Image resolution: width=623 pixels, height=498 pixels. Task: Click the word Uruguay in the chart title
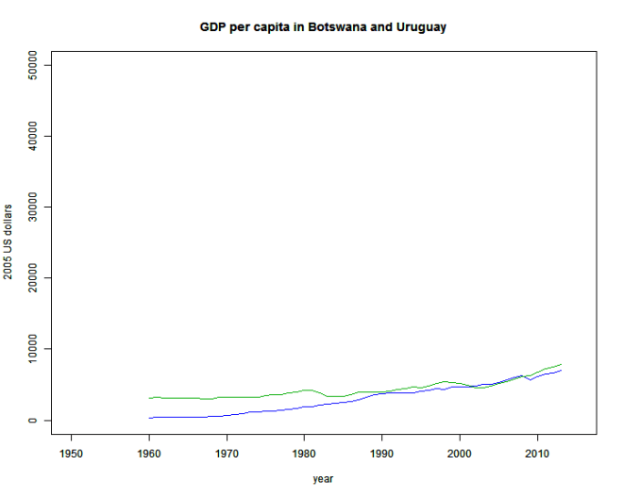pyautogui.click(x=422, y=27)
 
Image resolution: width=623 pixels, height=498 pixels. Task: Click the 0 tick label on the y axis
pyautogui.click(x=35, y=421)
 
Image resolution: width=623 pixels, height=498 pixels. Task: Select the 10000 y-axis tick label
pyautogui.click(x=35, y=349)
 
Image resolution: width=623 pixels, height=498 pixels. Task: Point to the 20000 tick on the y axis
pyautogui.click(x=35, y=278)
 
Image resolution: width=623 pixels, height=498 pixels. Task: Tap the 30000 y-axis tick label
pyautogui.click(x=35, y=207)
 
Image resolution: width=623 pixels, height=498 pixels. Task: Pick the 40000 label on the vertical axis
pyautogui.click(x=35, y=136)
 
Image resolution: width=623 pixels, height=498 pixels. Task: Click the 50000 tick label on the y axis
pyautogui.click(x=35, y=65)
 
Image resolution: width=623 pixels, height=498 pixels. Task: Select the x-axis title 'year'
pyautogui.click(x=324, y=479)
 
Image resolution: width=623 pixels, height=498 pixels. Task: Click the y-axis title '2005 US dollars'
pyautogui.click(x=9, y=242)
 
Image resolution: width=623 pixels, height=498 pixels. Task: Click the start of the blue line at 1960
pyautogui.click(x=149, y=418)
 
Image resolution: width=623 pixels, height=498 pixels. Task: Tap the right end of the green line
pyautogui.click(x=562, y=364)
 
